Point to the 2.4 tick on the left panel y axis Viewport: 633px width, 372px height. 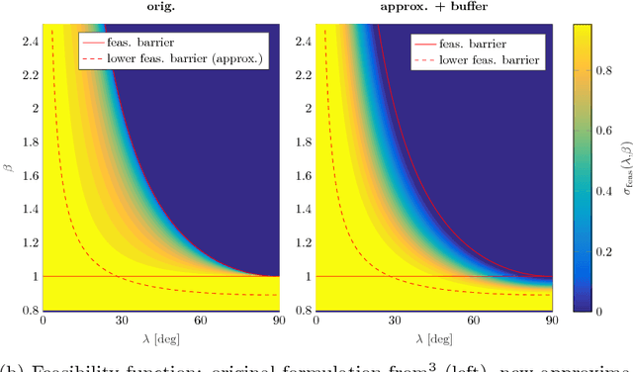click(x=31, y=41)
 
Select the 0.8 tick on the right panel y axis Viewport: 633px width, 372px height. click(x=303, y=310)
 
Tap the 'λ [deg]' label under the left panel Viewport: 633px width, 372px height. click(x=160, y=339)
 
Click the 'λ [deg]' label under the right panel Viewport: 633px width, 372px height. click(x=431, y=339)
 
